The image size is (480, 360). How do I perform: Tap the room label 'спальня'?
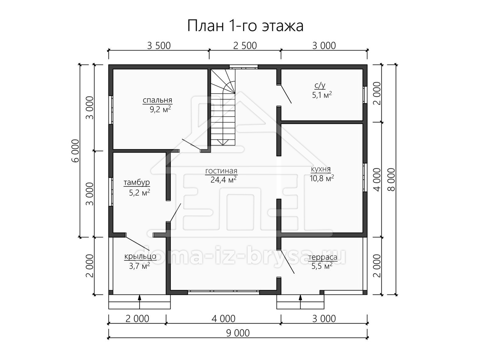point(157,100)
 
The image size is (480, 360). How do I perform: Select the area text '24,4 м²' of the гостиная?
point(223,180)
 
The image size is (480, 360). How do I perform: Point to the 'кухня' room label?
point(320,169)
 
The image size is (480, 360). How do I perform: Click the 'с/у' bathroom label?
point(320,86)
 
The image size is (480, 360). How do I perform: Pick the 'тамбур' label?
point(137,182)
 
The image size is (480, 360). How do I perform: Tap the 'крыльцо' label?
point(140,256)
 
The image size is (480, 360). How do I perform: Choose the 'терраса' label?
point(322,257)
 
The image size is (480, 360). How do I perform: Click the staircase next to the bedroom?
point(223,107)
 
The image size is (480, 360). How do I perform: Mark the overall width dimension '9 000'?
point(238,333)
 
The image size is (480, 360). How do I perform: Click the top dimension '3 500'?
point(159,46)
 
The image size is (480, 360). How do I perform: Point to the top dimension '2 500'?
point(245,46)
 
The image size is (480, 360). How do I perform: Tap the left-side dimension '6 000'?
point(75,151)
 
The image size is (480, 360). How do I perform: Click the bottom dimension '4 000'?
point(224,319)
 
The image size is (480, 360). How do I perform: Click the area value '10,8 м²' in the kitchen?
point(322,178)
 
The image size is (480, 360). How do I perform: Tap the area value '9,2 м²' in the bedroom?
point(160,109)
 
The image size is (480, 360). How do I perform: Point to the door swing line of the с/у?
point(286,94)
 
